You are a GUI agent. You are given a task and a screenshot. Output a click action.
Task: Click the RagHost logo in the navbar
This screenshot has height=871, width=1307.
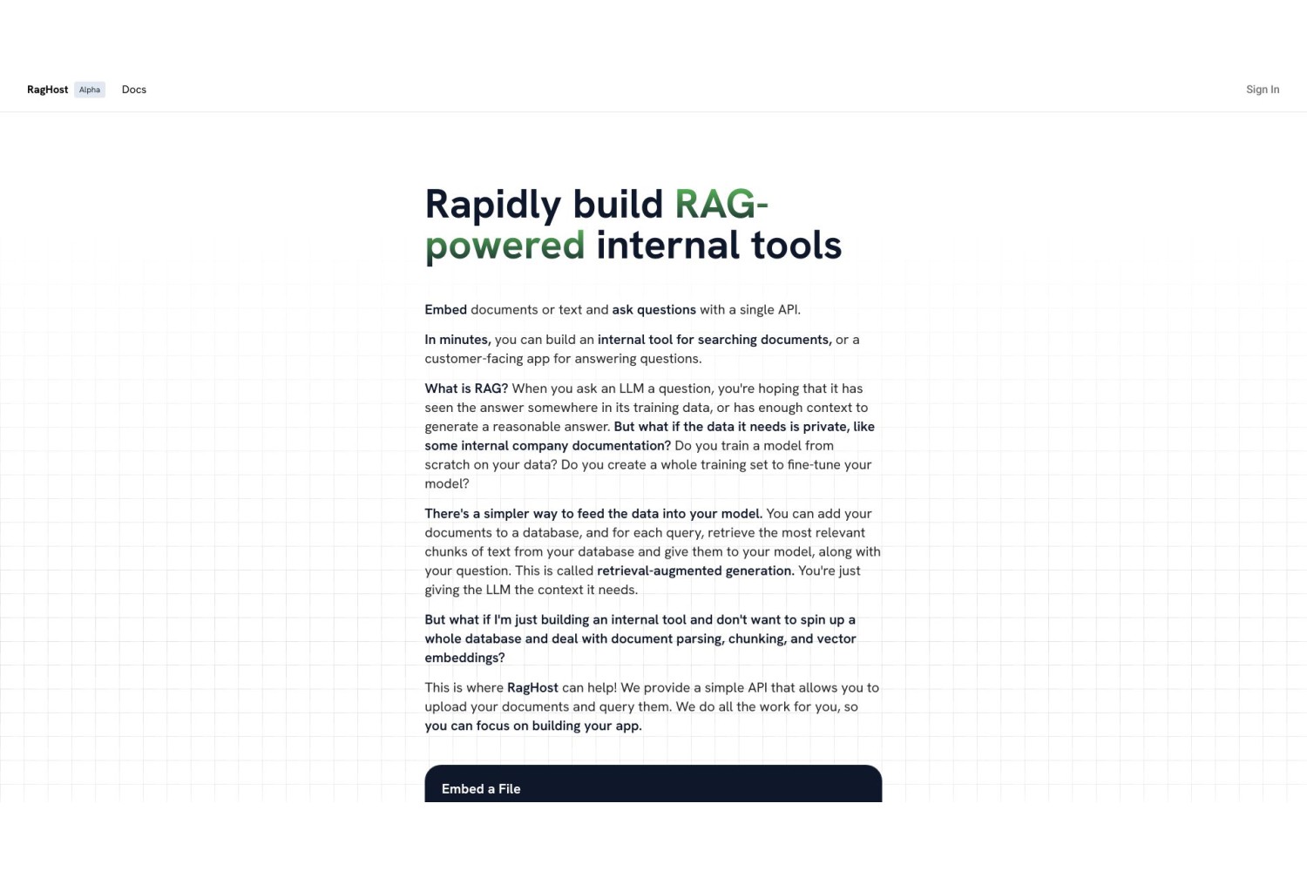pos(47,89)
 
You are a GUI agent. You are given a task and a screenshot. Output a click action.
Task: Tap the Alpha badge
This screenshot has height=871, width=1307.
pos(90,89)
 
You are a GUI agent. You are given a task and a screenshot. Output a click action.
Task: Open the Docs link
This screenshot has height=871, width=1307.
pos(133,89)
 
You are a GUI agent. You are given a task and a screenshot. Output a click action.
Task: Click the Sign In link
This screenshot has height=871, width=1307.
pos(1263,89)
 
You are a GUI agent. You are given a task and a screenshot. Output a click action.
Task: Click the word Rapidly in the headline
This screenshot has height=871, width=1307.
pos(492,206)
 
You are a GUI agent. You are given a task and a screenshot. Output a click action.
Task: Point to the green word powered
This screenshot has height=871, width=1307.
pos(505,245)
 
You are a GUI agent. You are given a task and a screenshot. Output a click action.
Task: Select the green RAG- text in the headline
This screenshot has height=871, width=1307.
pos(721,204)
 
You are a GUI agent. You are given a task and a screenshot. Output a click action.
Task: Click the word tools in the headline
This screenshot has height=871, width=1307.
pos(796,245)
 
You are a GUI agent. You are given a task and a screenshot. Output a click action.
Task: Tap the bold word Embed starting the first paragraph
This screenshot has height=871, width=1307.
pos(446,310)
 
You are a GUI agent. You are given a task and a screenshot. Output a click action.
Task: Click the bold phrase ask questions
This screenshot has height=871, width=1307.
pos(653,310)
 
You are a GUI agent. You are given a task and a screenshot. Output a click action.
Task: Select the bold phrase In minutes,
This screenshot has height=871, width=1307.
pos(457,340)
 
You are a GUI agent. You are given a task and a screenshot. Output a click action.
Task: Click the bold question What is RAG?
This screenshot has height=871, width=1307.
pos(466,388)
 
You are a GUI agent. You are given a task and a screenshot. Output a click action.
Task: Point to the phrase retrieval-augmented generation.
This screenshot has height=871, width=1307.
pos(695,571)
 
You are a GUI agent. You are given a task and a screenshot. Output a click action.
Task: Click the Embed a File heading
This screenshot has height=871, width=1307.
pos(481,789)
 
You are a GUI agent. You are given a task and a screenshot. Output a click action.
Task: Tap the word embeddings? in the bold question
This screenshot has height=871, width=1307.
pos(464,658)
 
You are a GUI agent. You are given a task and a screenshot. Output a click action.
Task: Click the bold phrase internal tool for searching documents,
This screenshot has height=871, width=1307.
pos(714,340)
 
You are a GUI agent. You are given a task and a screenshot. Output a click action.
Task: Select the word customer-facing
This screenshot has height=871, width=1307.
pos(474,359)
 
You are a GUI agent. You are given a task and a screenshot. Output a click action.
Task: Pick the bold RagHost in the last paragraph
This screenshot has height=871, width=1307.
pos(532,688)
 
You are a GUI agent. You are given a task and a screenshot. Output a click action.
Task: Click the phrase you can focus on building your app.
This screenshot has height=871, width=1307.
pos(533,726)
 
